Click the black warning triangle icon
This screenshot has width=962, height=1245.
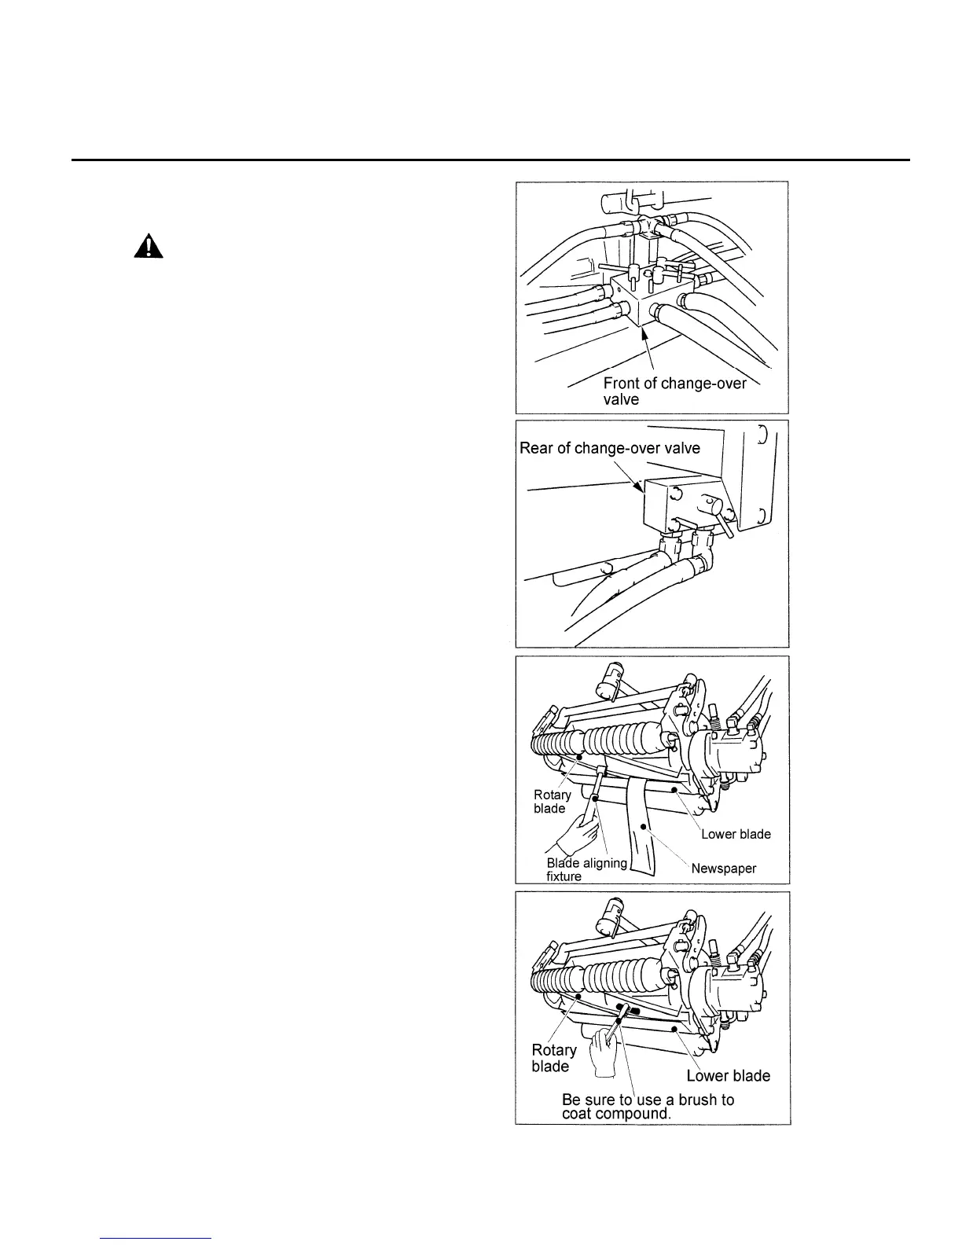[x=148, y=248]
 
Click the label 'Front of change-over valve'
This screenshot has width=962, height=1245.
[x=674, y=391]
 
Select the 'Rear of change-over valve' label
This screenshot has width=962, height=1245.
[x=610, y=448]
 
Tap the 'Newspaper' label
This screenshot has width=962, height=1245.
[x=723, y=869]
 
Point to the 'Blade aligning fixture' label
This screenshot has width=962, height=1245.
[x=586, y=869]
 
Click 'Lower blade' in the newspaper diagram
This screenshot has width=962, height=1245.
[x=736, y=834]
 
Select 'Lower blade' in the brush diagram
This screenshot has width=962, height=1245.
[x=728, y=1075]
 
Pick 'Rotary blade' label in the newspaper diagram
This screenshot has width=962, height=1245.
[x=552, y=802]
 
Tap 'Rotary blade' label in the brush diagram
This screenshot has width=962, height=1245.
[x=553, y=1058]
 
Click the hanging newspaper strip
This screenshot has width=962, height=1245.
[x=645, y=833]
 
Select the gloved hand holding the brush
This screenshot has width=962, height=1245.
[x=605, y=1048]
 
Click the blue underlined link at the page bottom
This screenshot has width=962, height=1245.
[x=156, y=1238]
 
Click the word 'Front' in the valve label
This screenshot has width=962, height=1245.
[x=621, y=384]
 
